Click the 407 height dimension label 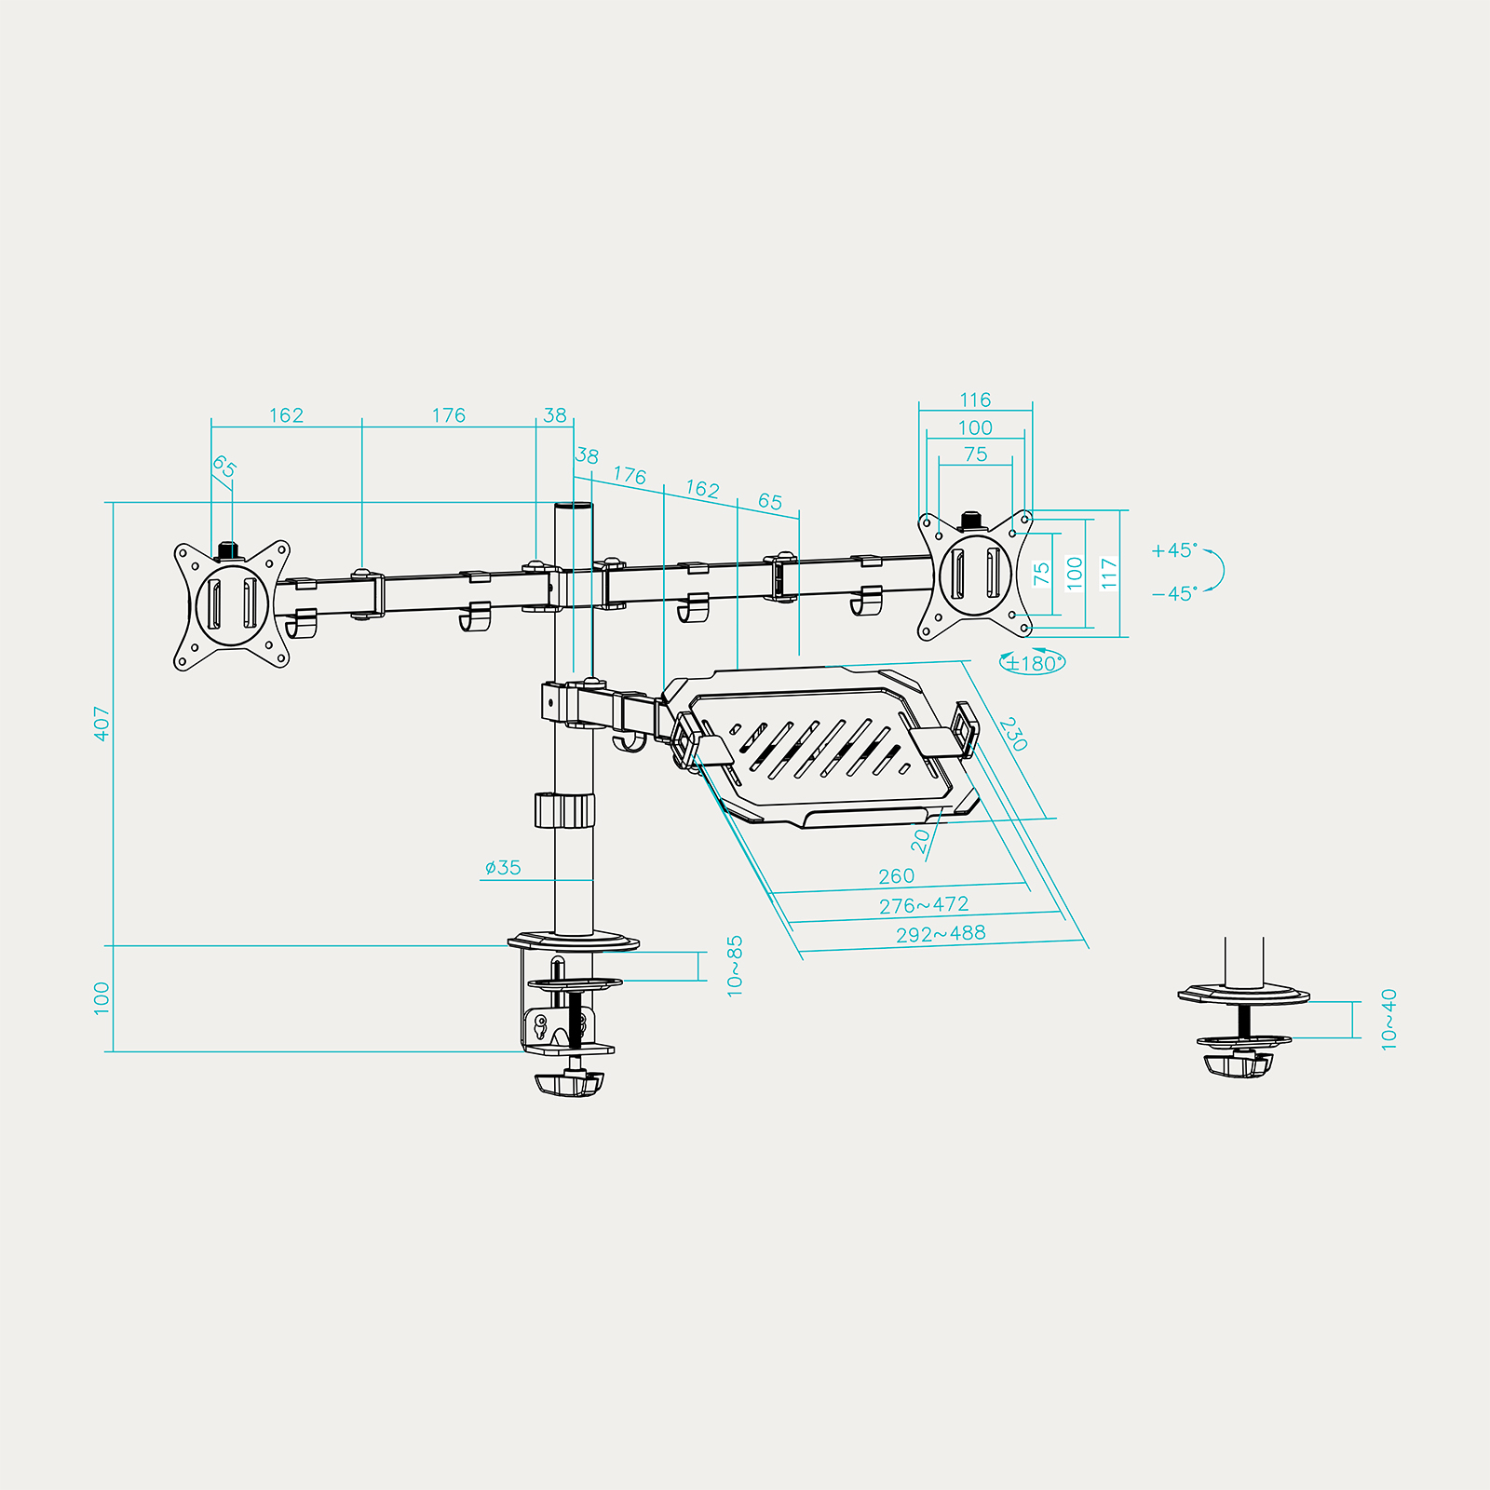102,724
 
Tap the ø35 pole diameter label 503,868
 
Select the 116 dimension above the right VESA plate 975,400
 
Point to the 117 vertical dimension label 1108,573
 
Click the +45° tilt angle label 1174,550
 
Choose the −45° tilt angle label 1174,593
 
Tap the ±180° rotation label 1033,663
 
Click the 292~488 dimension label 941,934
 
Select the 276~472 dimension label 924,905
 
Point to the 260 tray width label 896,876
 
